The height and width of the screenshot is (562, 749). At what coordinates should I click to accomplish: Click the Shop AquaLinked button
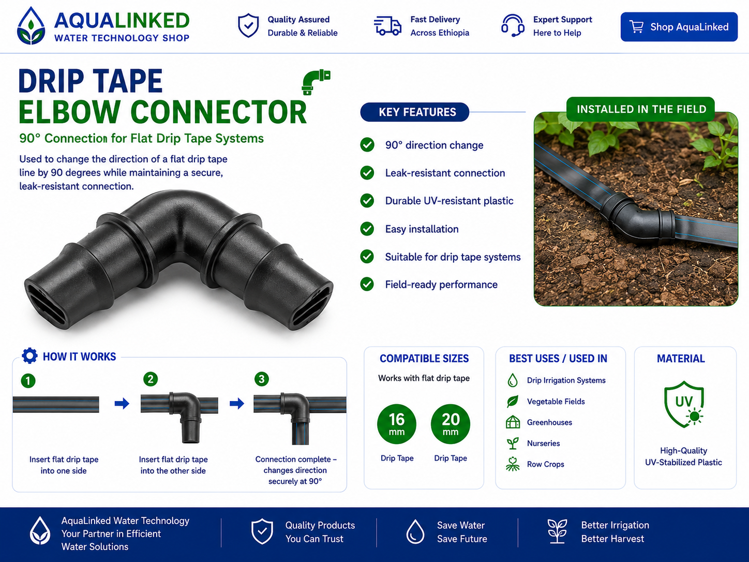click(x=679, y=27)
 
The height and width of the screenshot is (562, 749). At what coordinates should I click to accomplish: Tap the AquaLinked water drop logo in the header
click(x=31, y=26)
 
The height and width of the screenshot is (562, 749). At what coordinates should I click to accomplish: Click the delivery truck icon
click(x=387, y=25)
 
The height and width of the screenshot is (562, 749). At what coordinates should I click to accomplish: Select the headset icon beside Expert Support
click(x=513, y=25)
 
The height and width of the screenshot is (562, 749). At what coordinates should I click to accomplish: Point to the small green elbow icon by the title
click(x=316, y=82)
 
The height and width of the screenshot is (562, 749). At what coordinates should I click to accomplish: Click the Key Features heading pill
click(x=415, y=112)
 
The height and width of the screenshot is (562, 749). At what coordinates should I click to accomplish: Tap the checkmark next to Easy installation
click(x=367, y=229)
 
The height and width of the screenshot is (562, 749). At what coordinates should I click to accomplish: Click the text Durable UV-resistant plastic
click(x=449, y=201)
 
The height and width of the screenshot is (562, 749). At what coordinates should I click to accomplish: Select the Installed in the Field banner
click(x=641, y=109)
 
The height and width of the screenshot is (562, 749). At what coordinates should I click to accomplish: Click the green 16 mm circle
click(x=397, y=424)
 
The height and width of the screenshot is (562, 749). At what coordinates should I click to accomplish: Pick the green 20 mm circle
click(x=451, y=424)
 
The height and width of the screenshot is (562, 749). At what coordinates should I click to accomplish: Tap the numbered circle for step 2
click(x=151, y=379)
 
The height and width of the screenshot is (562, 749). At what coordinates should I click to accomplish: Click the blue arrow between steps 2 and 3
click(x=237, y=404)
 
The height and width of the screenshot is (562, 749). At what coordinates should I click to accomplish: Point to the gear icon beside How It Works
click(x=29, y=356)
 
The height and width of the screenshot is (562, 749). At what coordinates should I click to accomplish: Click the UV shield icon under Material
click(x=684, y=404)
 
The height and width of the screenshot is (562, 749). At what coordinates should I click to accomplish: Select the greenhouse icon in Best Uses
click(x=513, y=422)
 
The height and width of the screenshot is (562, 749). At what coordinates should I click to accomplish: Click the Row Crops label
click(x=545, y=464)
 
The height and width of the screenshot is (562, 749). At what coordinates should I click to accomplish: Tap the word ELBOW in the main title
click(x=69, y=112)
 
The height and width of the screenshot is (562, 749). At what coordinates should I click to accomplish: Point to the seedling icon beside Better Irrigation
click(x=557, y=531)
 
